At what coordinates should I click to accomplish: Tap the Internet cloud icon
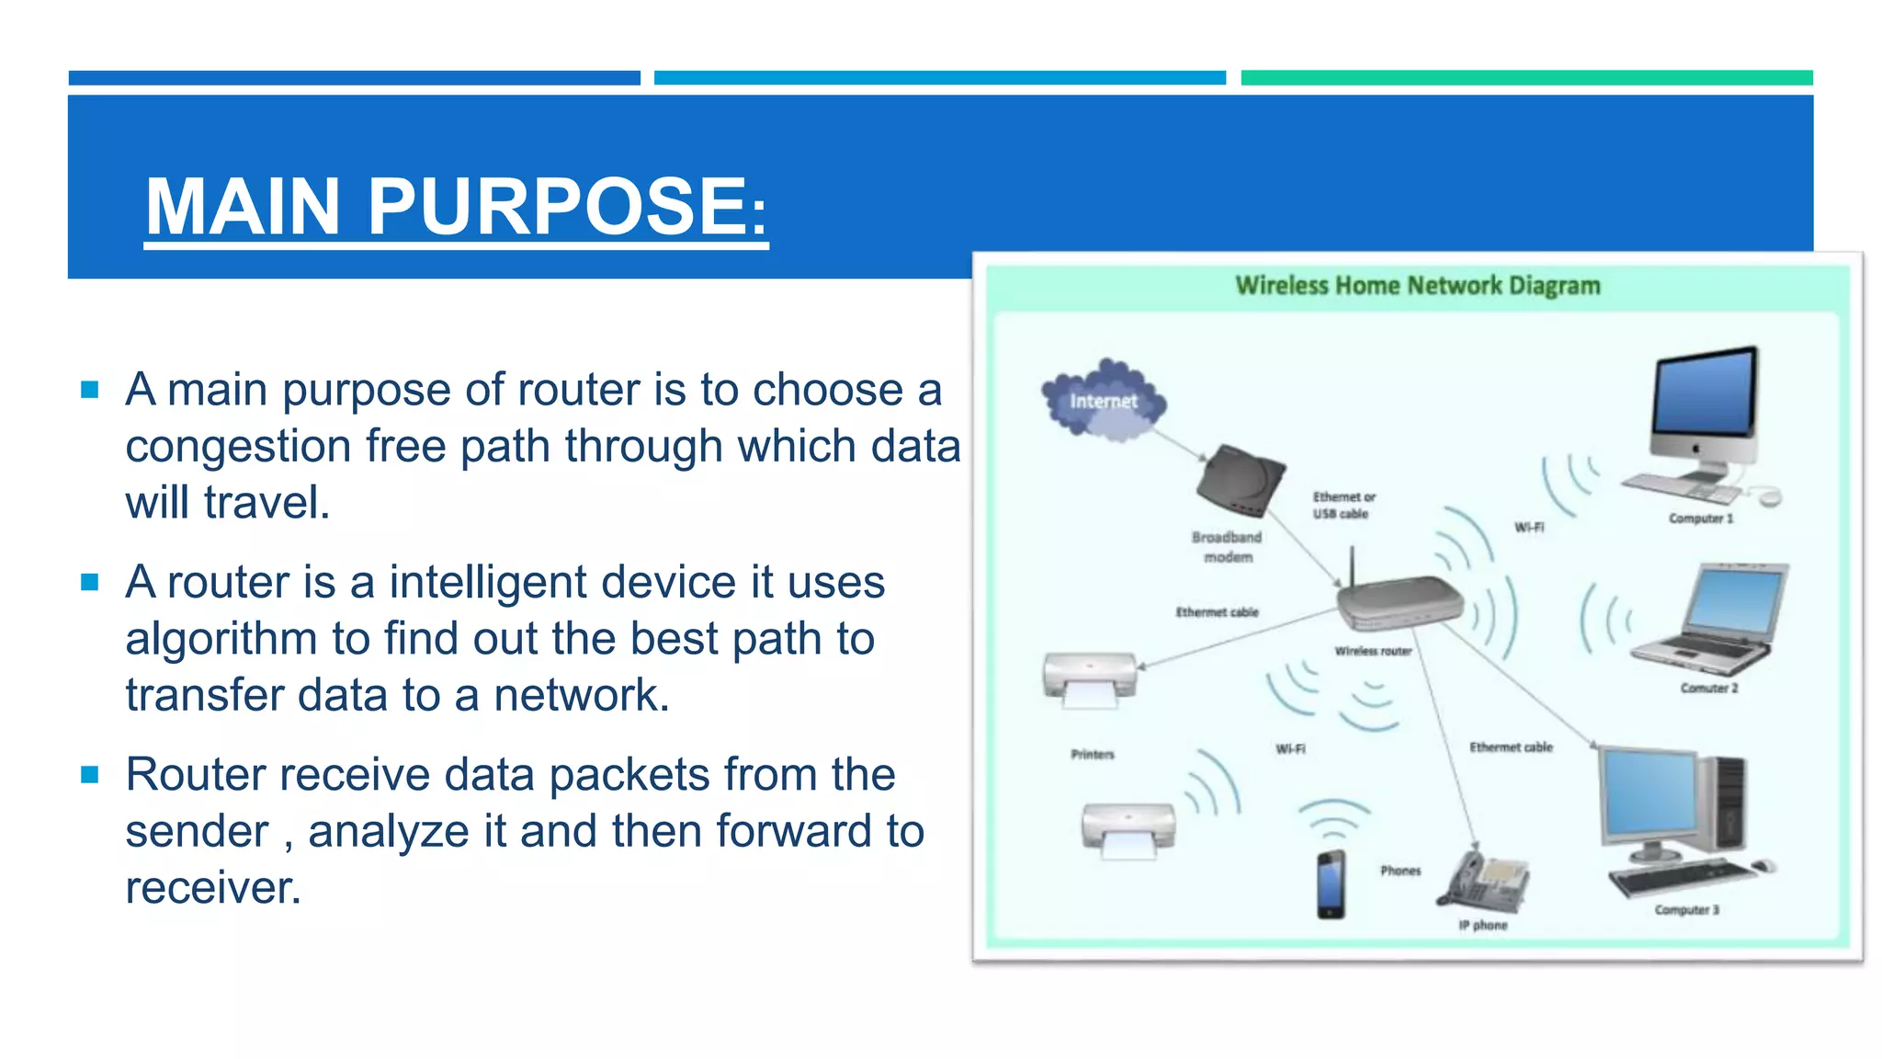1104,401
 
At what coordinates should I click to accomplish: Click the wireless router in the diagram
1399,603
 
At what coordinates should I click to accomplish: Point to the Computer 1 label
1700,518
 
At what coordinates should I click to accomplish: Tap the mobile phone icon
1331,884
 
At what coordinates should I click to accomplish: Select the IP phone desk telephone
1486,881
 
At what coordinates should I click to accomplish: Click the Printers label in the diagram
1092,755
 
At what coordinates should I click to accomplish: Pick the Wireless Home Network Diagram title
1417,286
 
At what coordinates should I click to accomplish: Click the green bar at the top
1525,78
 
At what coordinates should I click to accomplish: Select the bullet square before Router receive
90,775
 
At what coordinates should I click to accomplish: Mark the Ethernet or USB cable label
1343,506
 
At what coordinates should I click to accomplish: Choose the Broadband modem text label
1227,547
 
